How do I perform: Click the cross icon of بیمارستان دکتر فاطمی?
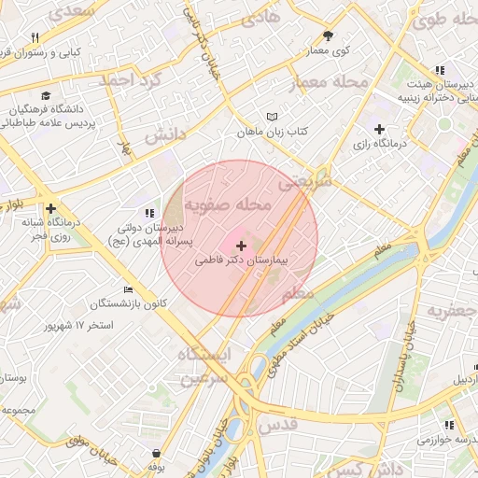pos(241,245)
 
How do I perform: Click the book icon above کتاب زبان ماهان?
pos(272,118)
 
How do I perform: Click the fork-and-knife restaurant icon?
pos(35,38)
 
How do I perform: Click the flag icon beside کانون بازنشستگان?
pos(128,289)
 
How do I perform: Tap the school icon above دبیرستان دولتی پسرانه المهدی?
pos(149,213)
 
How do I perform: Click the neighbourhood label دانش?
pos(164,135)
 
